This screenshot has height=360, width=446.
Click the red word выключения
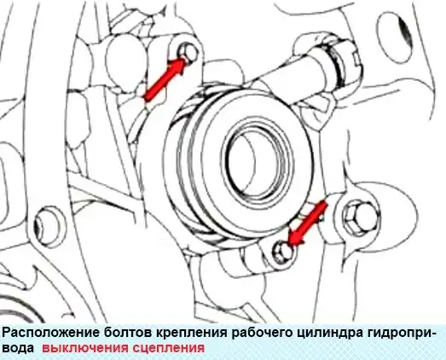(x=84, y=348)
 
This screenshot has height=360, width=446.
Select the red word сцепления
(x=167, y=348)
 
